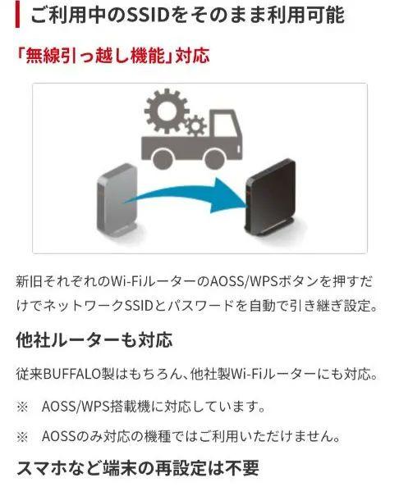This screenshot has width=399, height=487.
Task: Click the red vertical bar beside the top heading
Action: click(x=17, y=14)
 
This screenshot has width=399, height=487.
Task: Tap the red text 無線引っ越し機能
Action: click(x=95, y=56)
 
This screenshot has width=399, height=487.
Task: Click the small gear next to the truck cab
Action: click(x=196, y=125)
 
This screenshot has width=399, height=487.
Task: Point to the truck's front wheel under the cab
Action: click(x=215, y=158)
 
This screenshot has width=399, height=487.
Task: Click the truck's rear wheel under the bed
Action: click(x=163, y=158)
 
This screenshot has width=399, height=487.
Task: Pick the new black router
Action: click(x=270, y=197)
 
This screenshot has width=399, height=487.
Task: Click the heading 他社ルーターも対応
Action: click(x=94, y=340)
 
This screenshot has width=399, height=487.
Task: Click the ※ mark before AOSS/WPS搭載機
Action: click(x=22, y=407)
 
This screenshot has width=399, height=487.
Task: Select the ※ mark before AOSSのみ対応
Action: click(x=22, y=437)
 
